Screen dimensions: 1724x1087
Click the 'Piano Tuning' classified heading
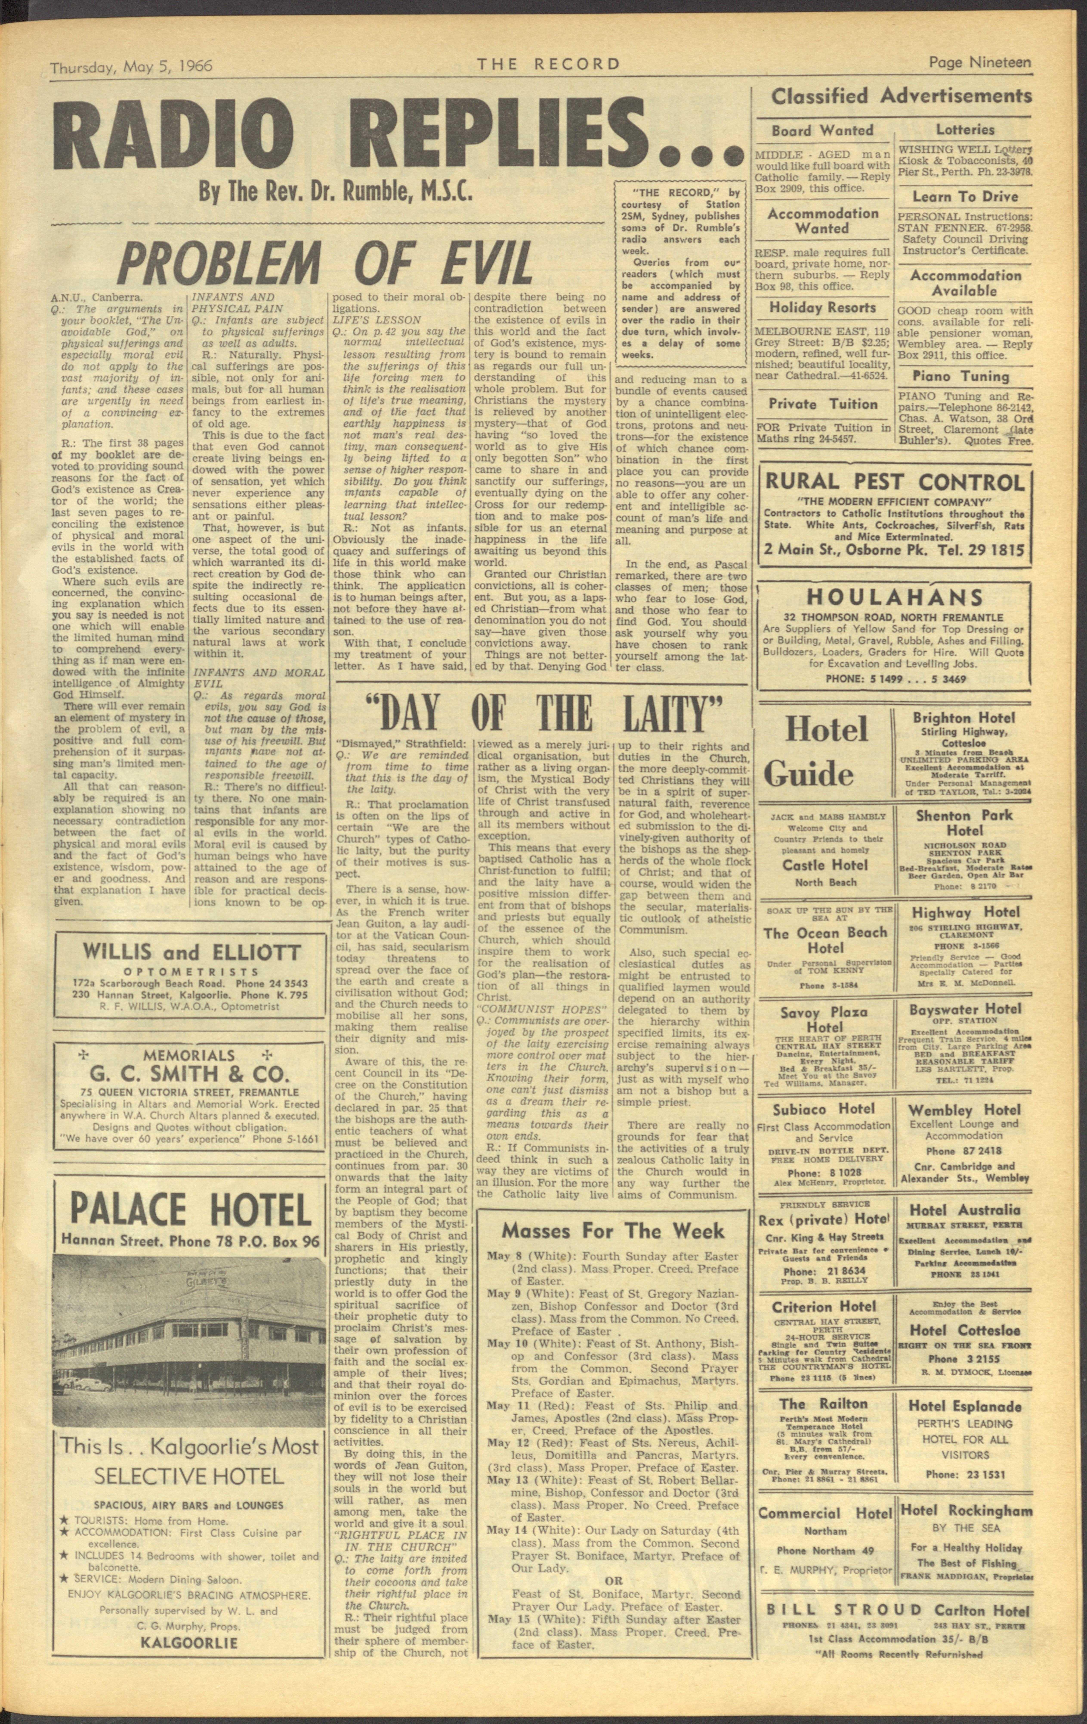964,376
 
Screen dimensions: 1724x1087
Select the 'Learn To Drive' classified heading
964,196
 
